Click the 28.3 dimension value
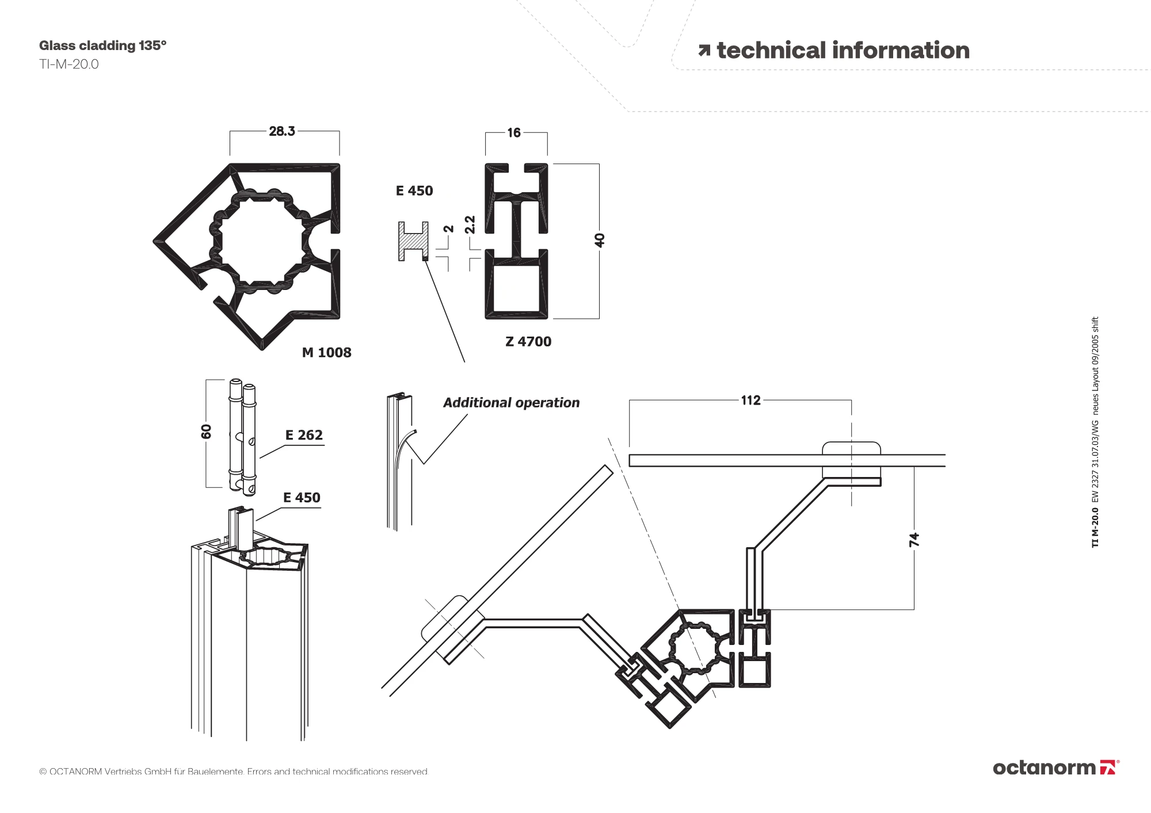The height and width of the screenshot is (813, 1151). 282,131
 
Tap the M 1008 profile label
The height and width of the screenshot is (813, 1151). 326,353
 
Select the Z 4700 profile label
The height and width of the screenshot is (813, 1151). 528,342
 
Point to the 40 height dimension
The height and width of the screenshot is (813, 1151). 600,240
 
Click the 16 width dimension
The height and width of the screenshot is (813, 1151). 514,133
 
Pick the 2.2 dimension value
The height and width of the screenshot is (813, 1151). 470,224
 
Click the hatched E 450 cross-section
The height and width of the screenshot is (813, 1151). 413,241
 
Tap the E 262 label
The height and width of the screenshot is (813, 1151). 304,435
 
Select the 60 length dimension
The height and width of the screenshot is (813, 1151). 207,432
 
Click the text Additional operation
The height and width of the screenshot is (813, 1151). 511,403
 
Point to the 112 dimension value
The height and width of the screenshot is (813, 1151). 750,400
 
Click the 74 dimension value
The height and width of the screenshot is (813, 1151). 914,540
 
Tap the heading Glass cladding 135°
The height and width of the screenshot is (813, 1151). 102,45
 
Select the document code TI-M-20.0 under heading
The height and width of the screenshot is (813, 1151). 69,64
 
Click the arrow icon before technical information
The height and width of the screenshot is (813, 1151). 704,51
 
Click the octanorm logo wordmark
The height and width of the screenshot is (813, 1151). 1044,768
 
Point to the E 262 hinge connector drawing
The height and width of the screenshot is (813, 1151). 242,436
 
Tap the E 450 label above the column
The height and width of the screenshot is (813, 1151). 302,498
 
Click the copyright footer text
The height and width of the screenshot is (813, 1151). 234,772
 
